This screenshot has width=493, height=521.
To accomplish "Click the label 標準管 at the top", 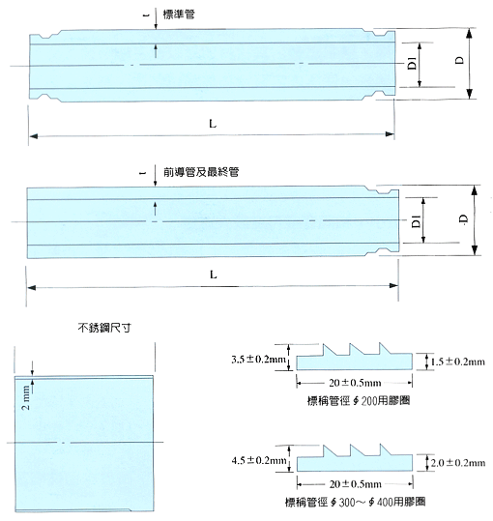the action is pos(179,14).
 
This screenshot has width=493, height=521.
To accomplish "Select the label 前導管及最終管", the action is pos(201,172).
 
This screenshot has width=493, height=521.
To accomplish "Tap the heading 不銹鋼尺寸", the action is pos(104,328).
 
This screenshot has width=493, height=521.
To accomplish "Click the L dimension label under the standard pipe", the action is pos(213,124).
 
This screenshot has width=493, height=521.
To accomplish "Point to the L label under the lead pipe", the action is pos(214,275).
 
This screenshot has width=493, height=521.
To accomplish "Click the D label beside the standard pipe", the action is pos(459,60).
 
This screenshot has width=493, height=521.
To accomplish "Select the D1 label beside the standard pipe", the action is pos(412,63).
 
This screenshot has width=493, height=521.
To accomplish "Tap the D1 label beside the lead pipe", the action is pos(416,221).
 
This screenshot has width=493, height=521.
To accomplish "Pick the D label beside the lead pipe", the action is pos(463,218).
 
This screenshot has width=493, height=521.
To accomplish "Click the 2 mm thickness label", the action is pos(26,397).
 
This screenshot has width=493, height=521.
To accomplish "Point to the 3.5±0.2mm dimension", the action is pos(258,360).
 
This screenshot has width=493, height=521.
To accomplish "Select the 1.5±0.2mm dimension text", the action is pos(458,362).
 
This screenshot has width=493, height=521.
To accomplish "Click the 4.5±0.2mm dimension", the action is pos(259,460).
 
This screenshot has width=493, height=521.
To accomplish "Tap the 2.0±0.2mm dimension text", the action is pos(458,463).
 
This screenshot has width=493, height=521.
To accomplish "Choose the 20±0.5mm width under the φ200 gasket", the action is pos(355,383).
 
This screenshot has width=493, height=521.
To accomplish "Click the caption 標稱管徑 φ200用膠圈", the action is pos(359,401).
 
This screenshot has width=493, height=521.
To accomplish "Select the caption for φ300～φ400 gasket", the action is pos(355,502).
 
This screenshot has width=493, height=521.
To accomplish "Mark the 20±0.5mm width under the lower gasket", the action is pos(355,484).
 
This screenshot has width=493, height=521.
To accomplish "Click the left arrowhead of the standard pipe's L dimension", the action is pos(33,136).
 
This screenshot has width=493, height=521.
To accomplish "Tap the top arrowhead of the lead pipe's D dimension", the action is pos(475,190).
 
